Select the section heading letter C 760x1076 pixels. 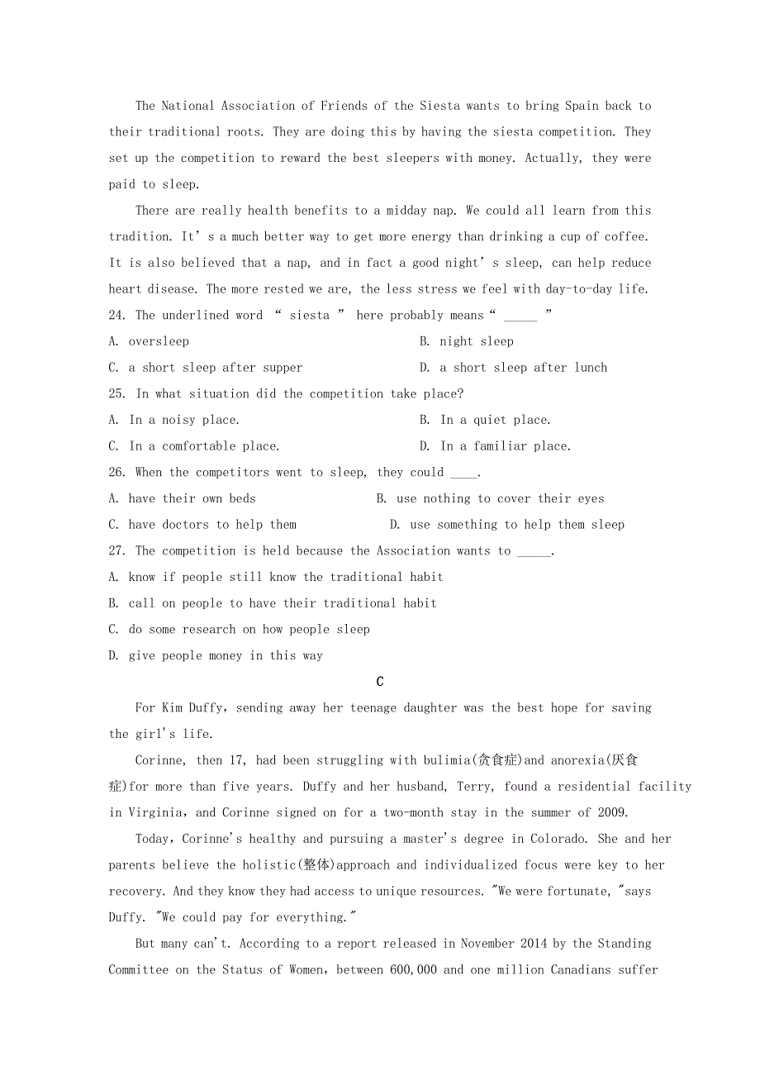click(380, 682)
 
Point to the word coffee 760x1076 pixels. click(627, 236)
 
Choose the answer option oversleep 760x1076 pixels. click(159, 341)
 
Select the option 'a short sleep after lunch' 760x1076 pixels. click(523, 368)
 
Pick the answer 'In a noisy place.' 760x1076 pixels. click(183, 420)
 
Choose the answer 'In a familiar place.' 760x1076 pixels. click(505, 446)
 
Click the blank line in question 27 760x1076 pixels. click(534, 551)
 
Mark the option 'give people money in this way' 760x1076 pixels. click(226, 656)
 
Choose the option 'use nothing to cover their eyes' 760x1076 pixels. click(500, 498)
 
